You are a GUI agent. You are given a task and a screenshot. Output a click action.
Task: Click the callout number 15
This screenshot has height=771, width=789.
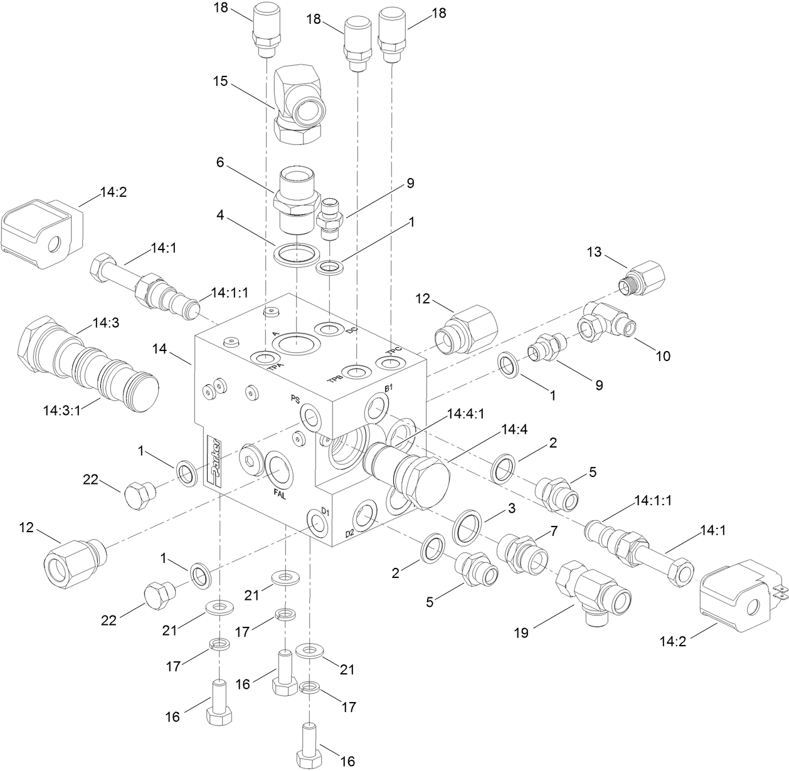tap(220, 82)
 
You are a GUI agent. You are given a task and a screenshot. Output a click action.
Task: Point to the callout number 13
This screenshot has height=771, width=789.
tap(594, 252)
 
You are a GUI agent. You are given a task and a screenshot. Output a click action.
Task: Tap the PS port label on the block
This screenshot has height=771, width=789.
tap(296, 399)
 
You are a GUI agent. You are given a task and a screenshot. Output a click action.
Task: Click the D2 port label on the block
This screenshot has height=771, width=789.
tap(350, 533)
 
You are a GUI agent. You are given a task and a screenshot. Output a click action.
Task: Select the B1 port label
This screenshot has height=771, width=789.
tap(388, 389)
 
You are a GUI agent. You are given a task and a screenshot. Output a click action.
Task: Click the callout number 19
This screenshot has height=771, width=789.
tap(522, 632)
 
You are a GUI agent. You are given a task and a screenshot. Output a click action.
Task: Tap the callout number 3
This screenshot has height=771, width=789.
tap(512, 509)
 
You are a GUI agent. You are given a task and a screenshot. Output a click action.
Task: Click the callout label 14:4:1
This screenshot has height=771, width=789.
tap(466, 414)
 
